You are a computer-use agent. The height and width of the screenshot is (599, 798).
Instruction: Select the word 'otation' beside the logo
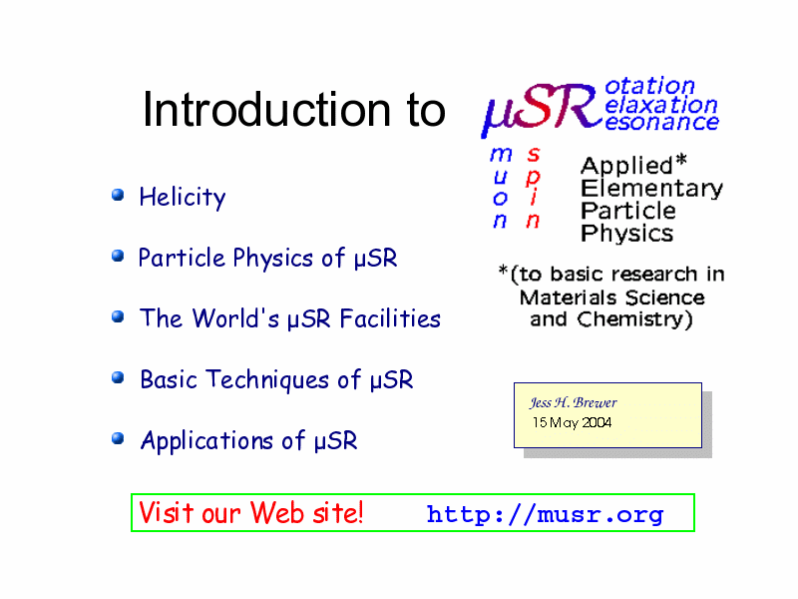[650, 86]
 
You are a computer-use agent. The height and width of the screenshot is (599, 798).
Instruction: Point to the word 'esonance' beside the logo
[661, 122]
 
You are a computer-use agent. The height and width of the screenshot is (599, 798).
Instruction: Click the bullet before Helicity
[118, 195]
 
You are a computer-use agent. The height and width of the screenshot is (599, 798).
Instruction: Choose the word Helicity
[183, 198]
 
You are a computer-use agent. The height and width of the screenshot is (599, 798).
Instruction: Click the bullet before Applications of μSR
[118, 438]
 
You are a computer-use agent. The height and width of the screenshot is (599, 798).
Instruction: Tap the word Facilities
[390, 318]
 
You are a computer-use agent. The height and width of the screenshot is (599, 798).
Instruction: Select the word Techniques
[267, 380]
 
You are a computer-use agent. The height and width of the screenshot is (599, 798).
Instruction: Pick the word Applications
[206, 441]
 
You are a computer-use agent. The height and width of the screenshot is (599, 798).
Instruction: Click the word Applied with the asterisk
[633, 165]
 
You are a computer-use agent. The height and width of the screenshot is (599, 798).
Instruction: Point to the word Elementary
[652, 189]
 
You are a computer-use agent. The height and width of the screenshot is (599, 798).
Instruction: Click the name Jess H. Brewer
[573, 402]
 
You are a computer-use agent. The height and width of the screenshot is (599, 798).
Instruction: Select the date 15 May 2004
[572, 422]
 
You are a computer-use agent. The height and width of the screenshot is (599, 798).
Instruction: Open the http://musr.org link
[545, 514]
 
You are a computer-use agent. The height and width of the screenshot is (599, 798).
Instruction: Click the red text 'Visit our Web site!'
[251, 512]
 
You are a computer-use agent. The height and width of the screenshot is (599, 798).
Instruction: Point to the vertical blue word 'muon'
[501, 187]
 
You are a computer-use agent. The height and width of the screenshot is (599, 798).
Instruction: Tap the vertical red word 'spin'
[533, 187]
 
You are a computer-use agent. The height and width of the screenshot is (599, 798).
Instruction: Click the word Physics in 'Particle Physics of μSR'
[272, 259]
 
